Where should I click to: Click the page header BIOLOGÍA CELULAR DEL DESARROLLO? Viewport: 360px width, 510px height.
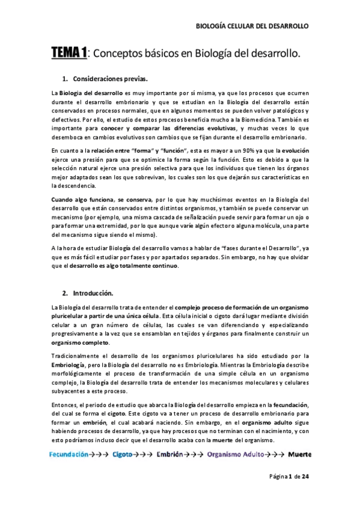click(252, 26)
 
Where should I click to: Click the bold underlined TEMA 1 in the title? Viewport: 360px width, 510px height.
click(69, 55)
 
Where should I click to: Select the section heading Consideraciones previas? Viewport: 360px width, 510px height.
click(109, 79)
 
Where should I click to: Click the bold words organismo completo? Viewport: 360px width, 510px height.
click(75, 342)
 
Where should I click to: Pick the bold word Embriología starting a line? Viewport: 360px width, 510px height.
click(71, 364)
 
